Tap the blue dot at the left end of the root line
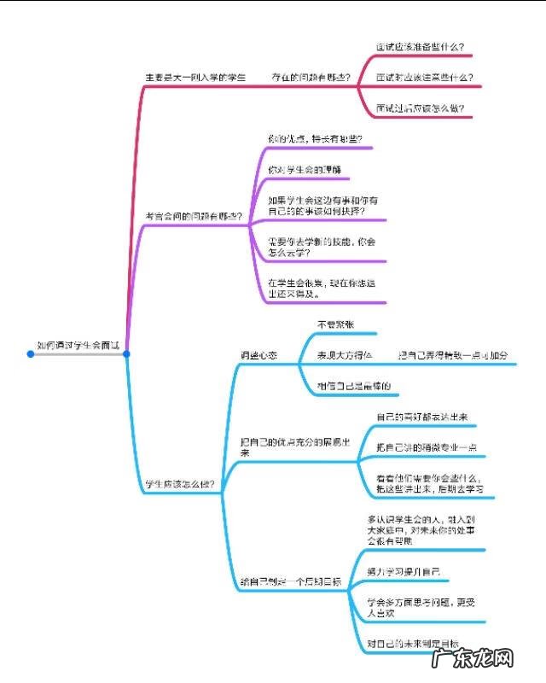(30, 353)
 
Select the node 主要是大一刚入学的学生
(195, 78)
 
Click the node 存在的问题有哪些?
(311, 78)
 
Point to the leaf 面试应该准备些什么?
(425, 47)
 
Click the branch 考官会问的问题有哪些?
(194, 217)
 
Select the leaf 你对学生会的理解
(304, 170)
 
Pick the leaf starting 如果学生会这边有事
(317, 205)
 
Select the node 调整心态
(258, 355)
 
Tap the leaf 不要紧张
(334, 324)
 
